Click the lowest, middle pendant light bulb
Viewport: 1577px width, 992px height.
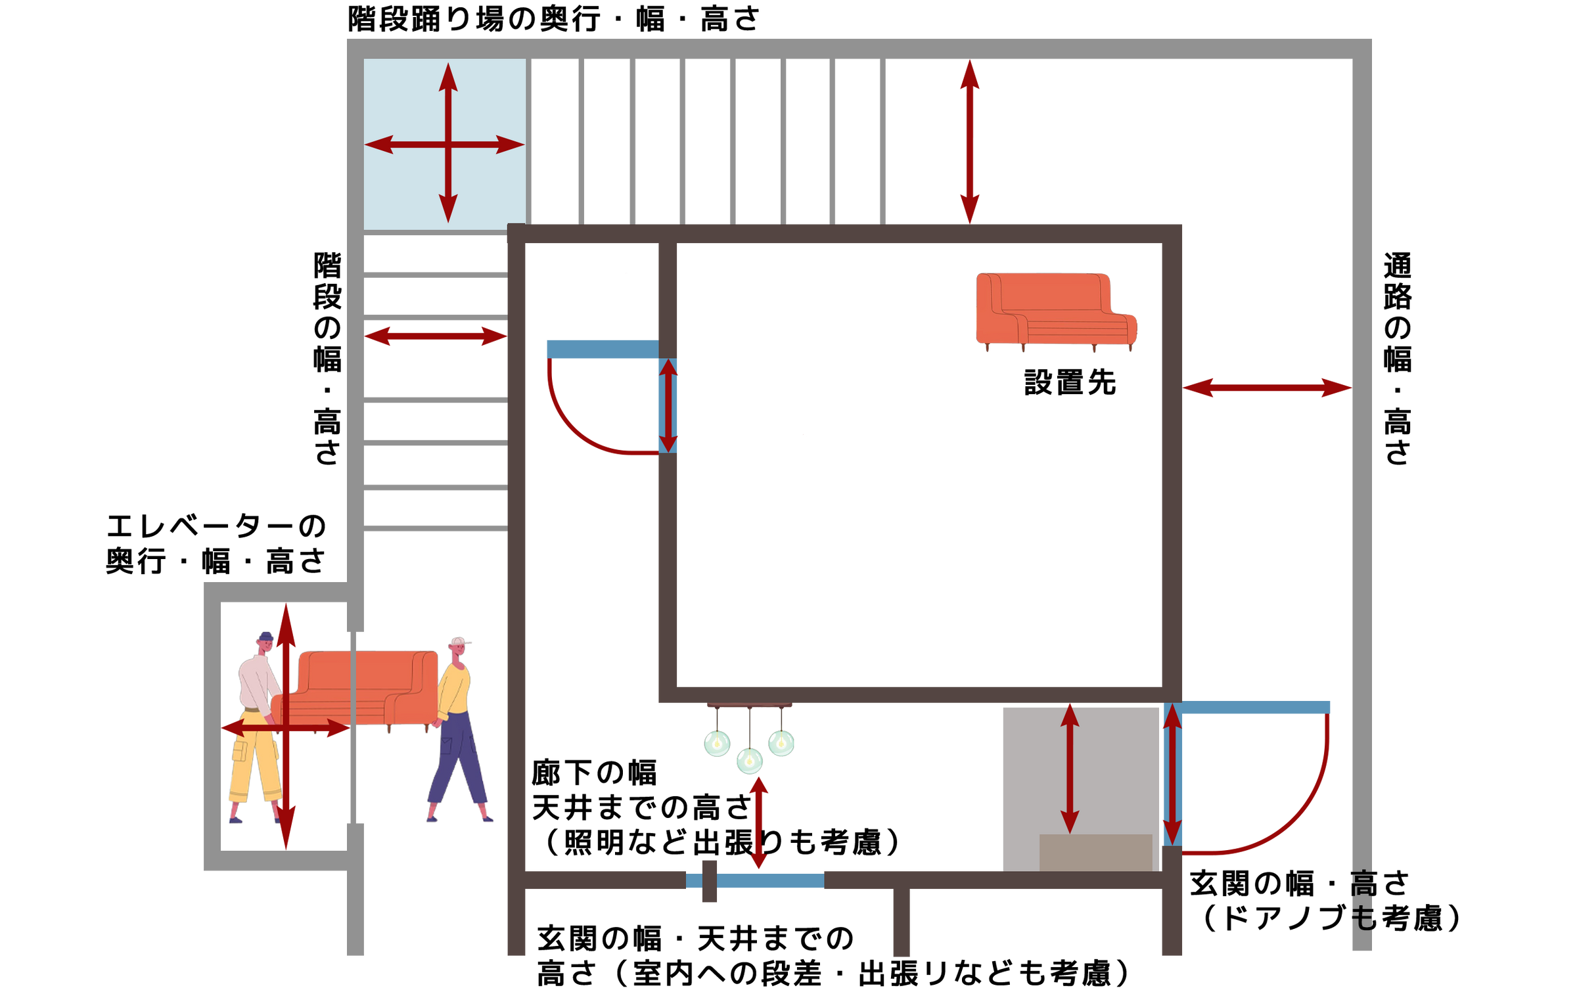tap(749, 761)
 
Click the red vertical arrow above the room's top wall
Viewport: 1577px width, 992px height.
tap(970, 142)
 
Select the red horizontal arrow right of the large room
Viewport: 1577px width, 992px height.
tap(1267, 388)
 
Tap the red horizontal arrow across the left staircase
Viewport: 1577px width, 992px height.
tap(436, 336)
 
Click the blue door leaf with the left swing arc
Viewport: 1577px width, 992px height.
tap(601, 349)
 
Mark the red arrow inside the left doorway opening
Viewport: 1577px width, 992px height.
tap(668, 405)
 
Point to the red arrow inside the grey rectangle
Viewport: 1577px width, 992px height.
tap(1070, 769)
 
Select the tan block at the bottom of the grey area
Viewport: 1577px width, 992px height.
tap(1095, 852)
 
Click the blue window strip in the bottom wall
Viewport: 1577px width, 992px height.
tap(770, 880)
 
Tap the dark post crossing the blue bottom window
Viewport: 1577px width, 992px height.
tap(709, 881)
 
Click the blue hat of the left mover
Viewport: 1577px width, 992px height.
tap(265, 636)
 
